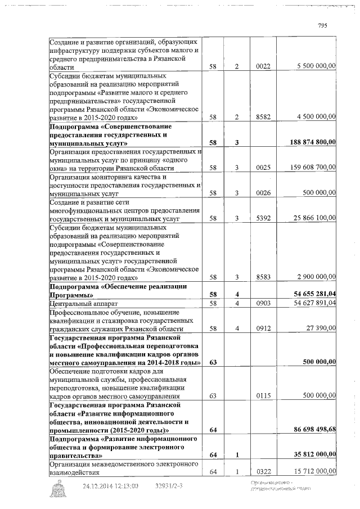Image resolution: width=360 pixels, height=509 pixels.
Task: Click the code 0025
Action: click(263, 168)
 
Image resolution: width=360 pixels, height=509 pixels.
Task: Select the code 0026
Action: click(263, 193)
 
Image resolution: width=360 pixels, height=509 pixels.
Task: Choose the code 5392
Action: click(263, 218)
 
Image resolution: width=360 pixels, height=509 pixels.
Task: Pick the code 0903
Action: click(263, 303)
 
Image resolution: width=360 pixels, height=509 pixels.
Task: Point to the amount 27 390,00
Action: click(321, 328)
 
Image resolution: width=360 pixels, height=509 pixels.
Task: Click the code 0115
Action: click(263, 396)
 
